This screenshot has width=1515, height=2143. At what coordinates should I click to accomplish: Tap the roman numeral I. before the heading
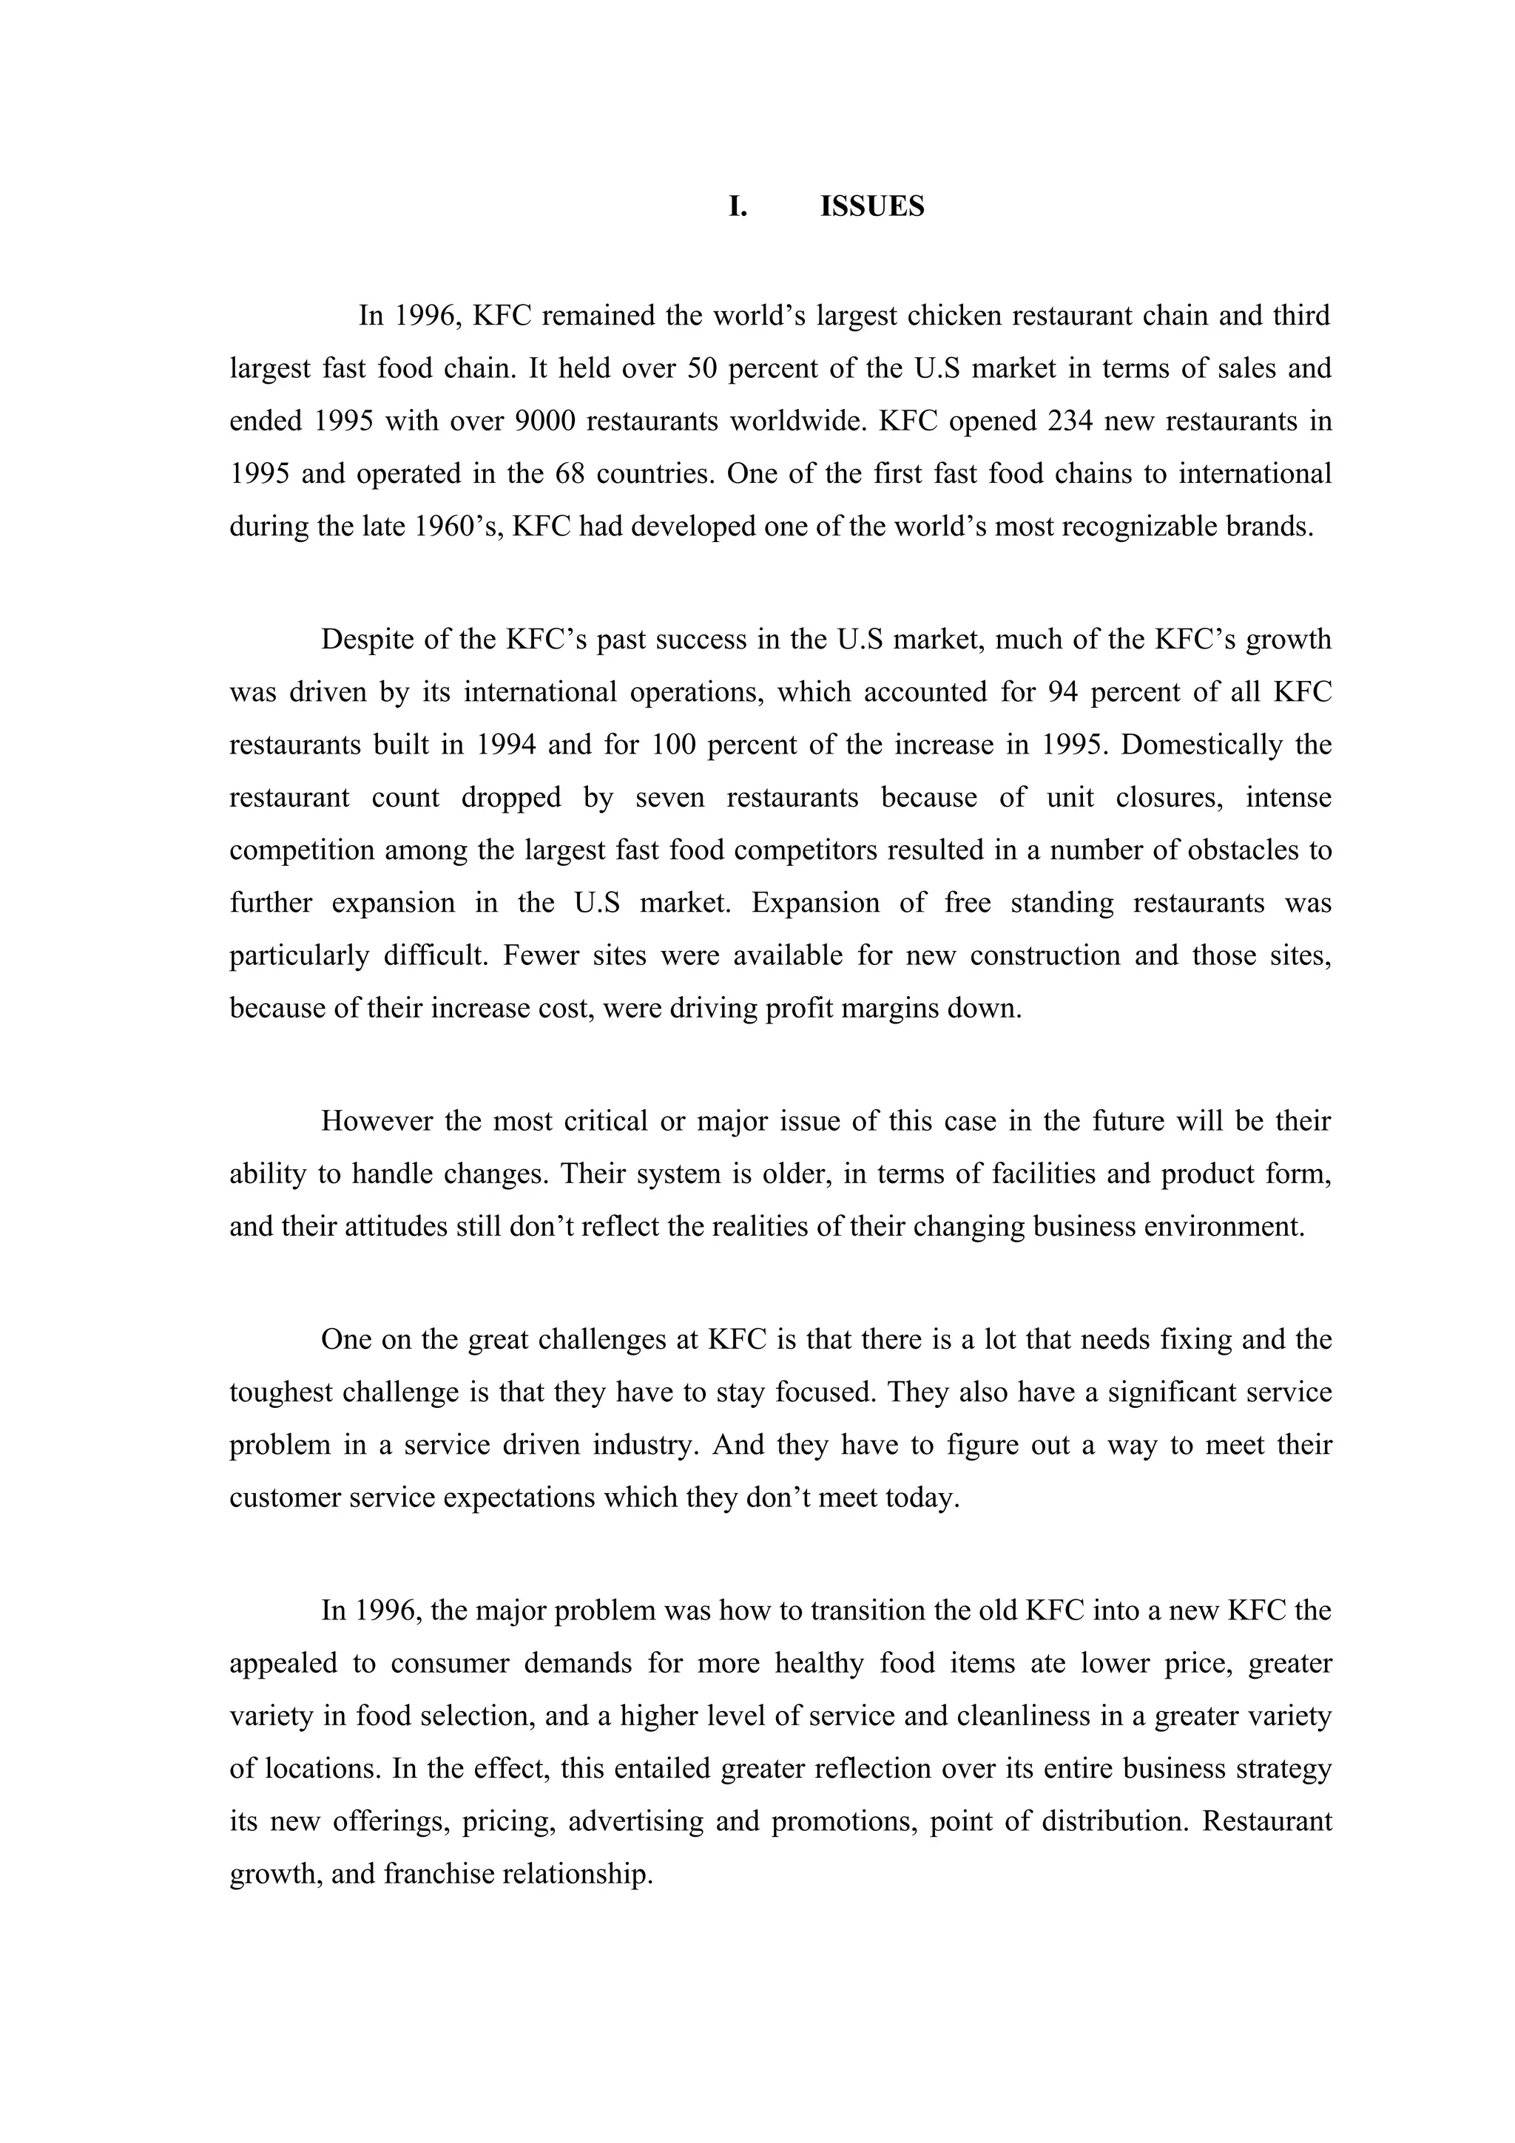(738, 206)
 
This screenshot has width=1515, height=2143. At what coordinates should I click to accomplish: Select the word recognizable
(1140, 527)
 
